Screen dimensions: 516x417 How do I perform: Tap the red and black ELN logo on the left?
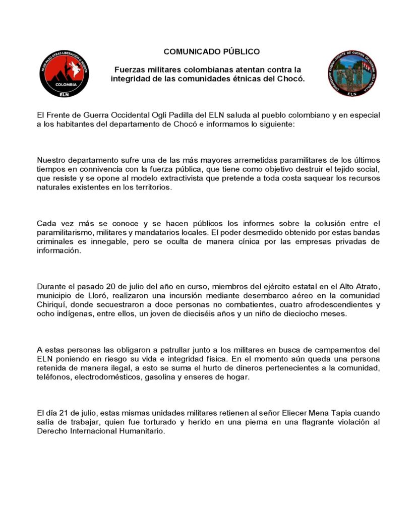coord(64,73)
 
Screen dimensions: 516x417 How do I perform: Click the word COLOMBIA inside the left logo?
coord(64,85)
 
